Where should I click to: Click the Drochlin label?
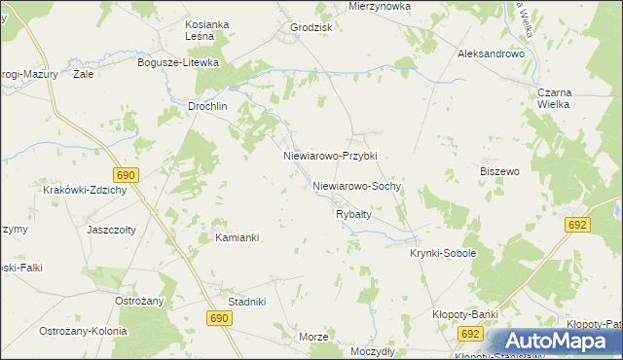[x=207, y=107]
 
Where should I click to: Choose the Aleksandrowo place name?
[x=492, y=54]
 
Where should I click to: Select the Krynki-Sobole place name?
[x=442, y=253]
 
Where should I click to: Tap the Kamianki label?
[x=236, y=237]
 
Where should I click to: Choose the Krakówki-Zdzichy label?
[x=86, y=190]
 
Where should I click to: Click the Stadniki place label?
[x=247, y=302]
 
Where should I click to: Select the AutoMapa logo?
[x=556, y=342]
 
